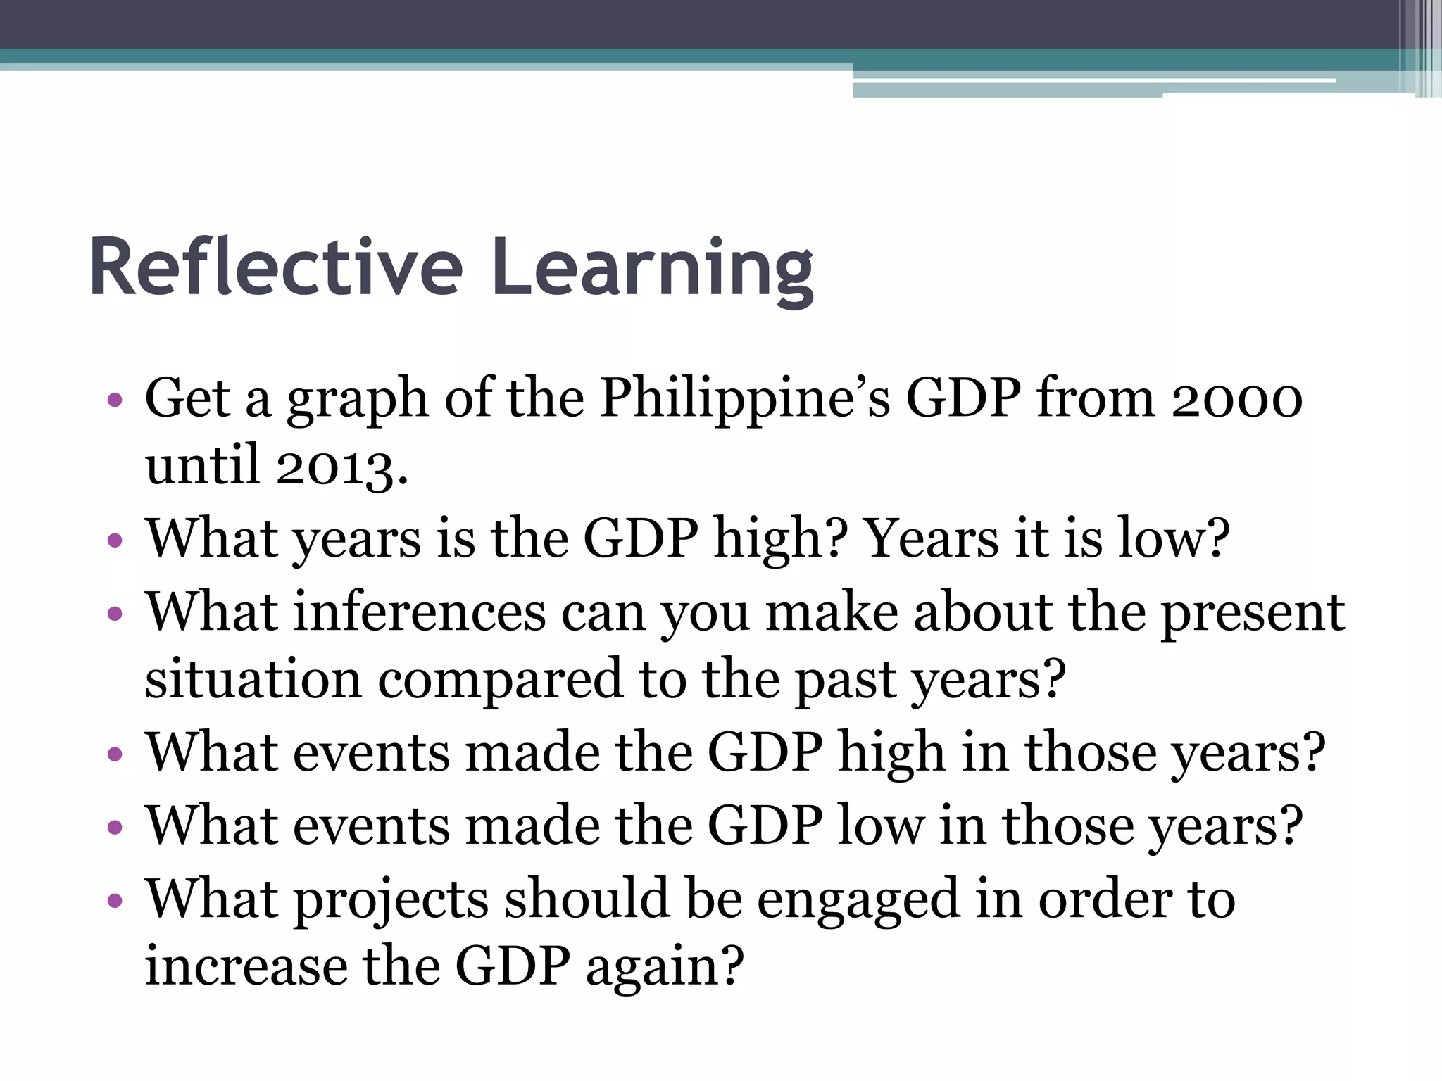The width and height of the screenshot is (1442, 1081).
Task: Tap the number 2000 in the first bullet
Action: [1236, 399]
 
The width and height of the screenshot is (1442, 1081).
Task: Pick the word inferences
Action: [420, 612]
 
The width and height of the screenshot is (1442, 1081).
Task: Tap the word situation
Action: [253, 678]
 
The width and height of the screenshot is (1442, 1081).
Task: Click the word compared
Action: [500, 680]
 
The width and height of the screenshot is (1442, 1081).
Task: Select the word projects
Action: [391, 900]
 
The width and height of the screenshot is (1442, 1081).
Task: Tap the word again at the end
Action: [664, 967]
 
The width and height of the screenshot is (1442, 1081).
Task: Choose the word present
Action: [1253, 613]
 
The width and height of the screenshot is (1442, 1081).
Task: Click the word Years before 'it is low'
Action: [931, 538]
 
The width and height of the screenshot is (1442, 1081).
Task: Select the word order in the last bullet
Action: [1105, 899]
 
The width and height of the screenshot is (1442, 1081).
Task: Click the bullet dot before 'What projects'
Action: [115, 900]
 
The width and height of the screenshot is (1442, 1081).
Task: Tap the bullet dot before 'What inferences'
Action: [115, 613]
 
